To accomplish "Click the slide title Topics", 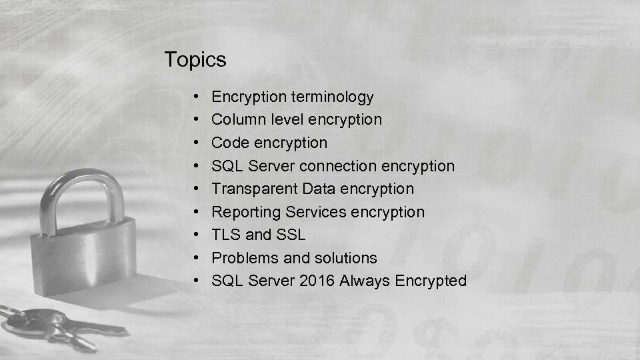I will pos(195,60).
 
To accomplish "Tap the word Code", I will pos(227,143).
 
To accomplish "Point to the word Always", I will pos(365,281).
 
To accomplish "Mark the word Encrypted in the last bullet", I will pos(431,281).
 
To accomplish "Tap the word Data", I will pos(318,189).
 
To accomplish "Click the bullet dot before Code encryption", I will pos(201,143).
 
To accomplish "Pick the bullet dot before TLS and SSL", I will pos(201,235).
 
